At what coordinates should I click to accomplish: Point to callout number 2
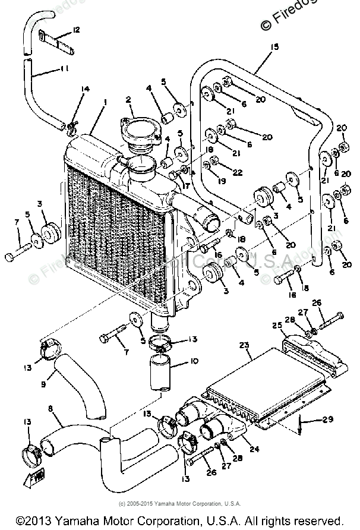[128, 99]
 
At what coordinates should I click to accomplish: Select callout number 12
[77, 29]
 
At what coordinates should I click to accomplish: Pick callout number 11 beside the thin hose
[64, 69]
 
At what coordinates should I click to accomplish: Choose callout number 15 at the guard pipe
[274, 46]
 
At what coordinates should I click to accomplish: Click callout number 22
[238, 172]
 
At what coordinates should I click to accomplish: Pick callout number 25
[276, 325]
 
